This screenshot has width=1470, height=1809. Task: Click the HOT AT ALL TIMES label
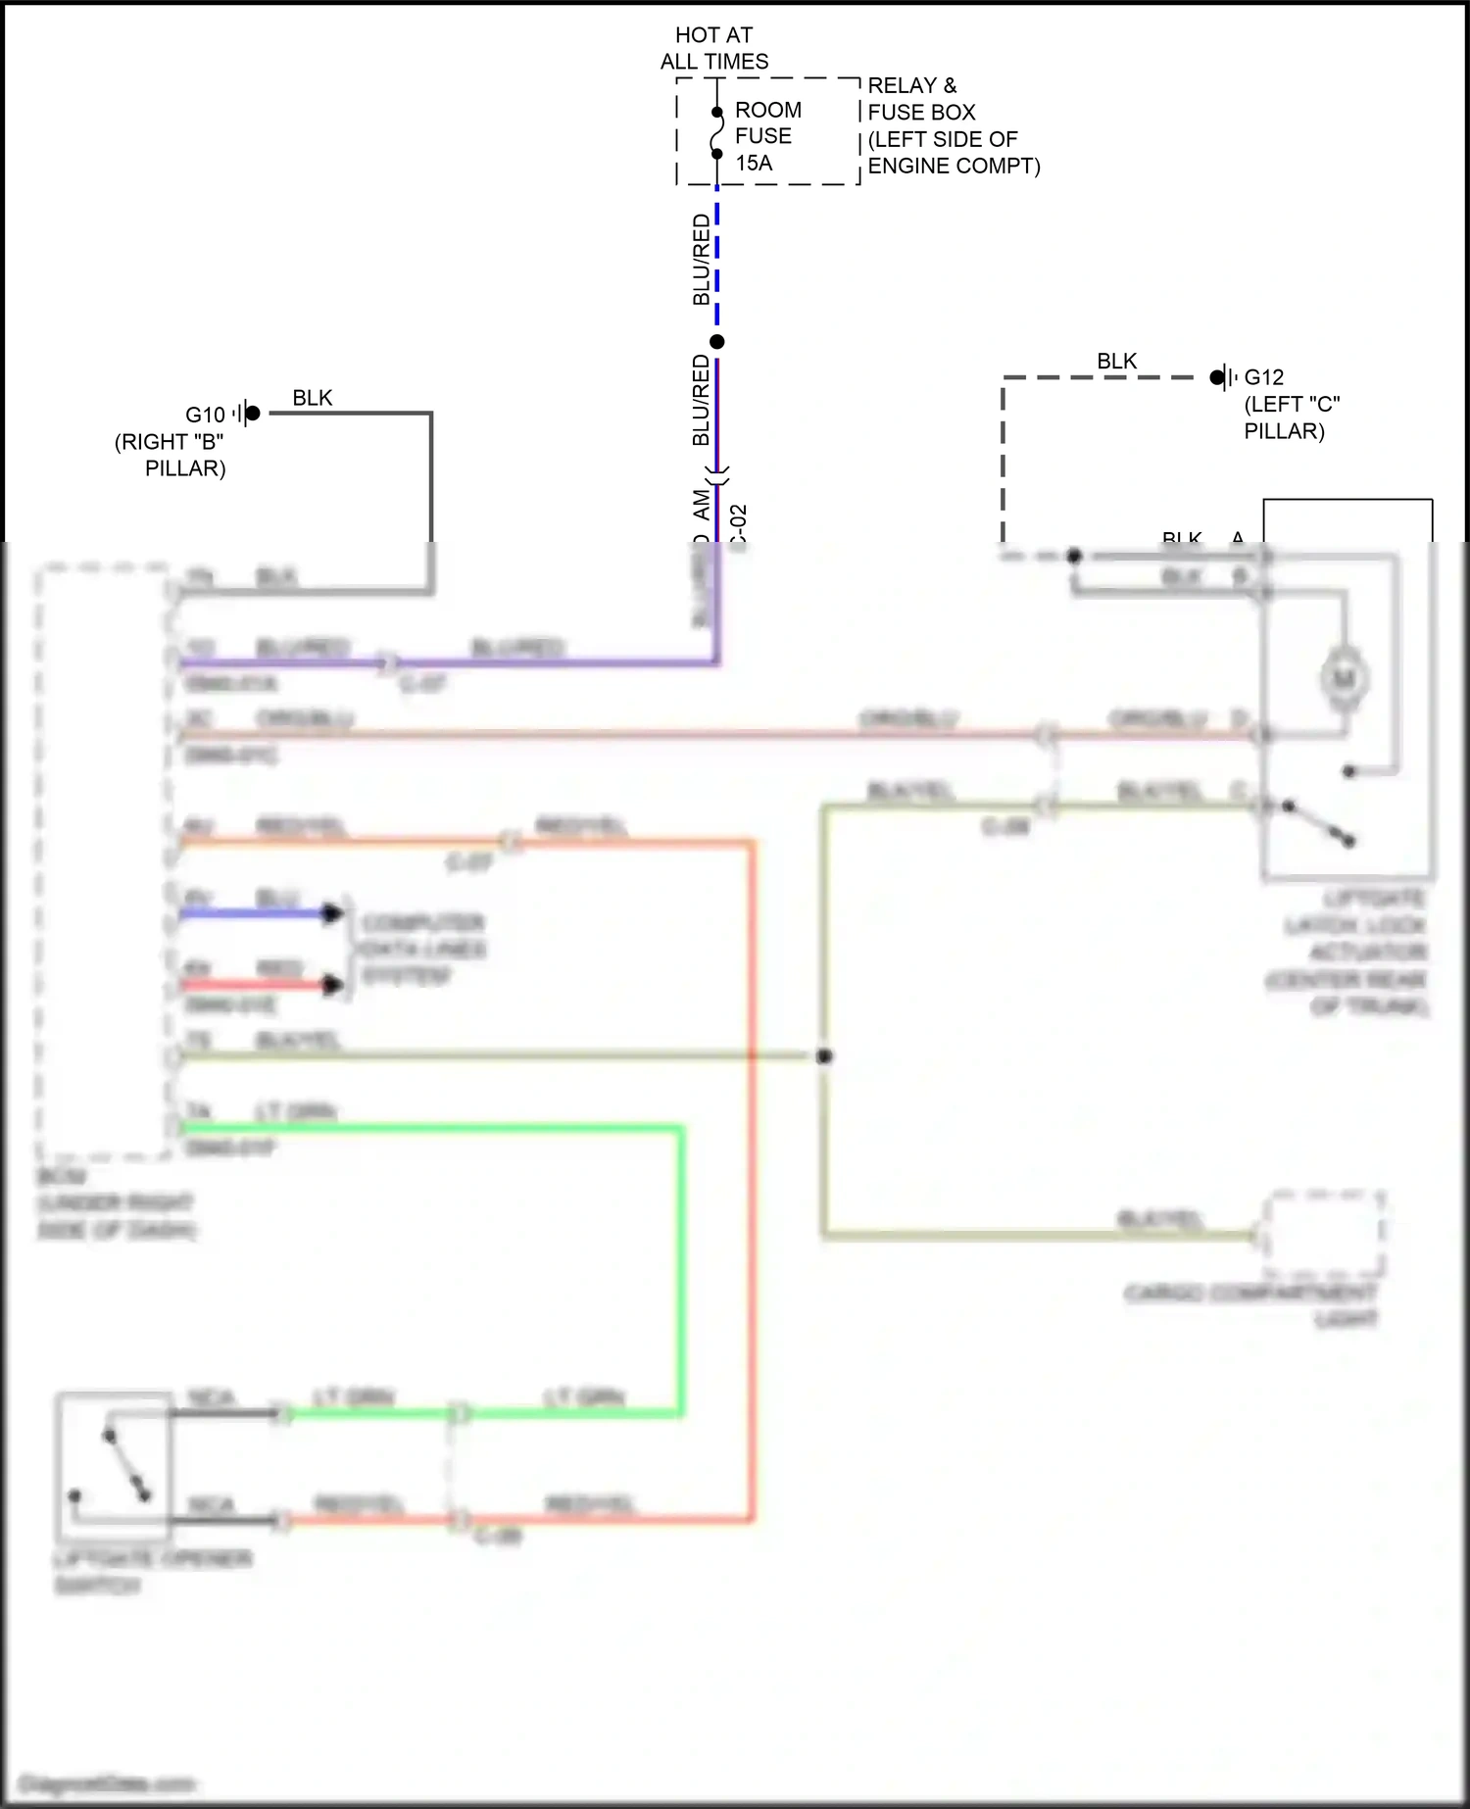[x=713, y=48]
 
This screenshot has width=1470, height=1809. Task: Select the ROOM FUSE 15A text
[x=767, y=136]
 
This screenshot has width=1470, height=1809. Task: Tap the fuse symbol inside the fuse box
[x=717, y=133]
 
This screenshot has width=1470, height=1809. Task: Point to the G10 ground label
[x=205, y=415]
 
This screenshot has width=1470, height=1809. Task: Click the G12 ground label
[x=1264, y=377]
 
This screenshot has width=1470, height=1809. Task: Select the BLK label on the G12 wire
[x=1116, y=362]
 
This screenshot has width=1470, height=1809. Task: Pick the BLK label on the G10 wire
[x=312, y=398]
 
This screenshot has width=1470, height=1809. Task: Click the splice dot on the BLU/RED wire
[x=717, y=342]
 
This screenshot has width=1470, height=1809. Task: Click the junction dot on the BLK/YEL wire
[x=824, y=1055]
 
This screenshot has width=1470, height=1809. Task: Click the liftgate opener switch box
[x=114, y=1466]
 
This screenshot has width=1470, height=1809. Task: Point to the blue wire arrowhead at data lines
[x=334, y=913]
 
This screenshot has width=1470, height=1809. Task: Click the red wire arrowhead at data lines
[x=334, y=985]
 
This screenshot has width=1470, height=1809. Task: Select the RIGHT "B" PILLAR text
[x=171, y=455]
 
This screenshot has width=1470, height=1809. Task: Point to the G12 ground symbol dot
[x=1217, y=377]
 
